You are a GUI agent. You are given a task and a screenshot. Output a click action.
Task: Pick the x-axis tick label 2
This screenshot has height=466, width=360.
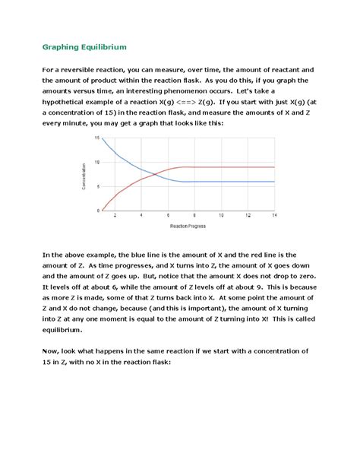pyautogui.click(x=115, y=217)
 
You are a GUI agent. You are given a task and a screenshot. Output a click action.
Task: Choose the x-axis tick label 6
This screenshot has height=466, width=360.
pyautogui.click(x=167, y=217)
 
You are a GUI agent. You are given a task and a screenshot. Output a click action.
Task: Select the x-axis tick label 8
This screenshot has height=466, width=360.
pyautogui.click(x=194, y=217)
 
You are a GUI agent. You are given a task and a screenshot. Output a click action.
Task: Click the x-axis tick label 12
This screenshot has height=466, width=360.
pyautogui.click(x=247, y=217)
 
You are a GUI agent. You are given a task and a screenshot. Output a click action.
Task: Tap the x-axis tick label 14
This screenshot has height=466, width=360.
pyautogui.click(x=273, y=217)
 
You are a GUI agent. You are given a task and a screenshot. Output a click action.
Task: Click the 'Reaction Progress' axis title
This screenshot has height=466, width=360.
pyautogui.click(x=187, y=226)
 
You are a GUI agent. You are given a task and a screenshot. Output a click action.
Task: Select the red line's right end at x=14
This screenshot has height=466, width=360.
pyautogui.click(x=274, y=167)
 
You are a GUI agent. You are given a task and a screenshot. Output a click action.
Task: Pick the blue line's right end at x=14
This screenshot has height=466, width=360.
pyautogui.click(x=274, y=182)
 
